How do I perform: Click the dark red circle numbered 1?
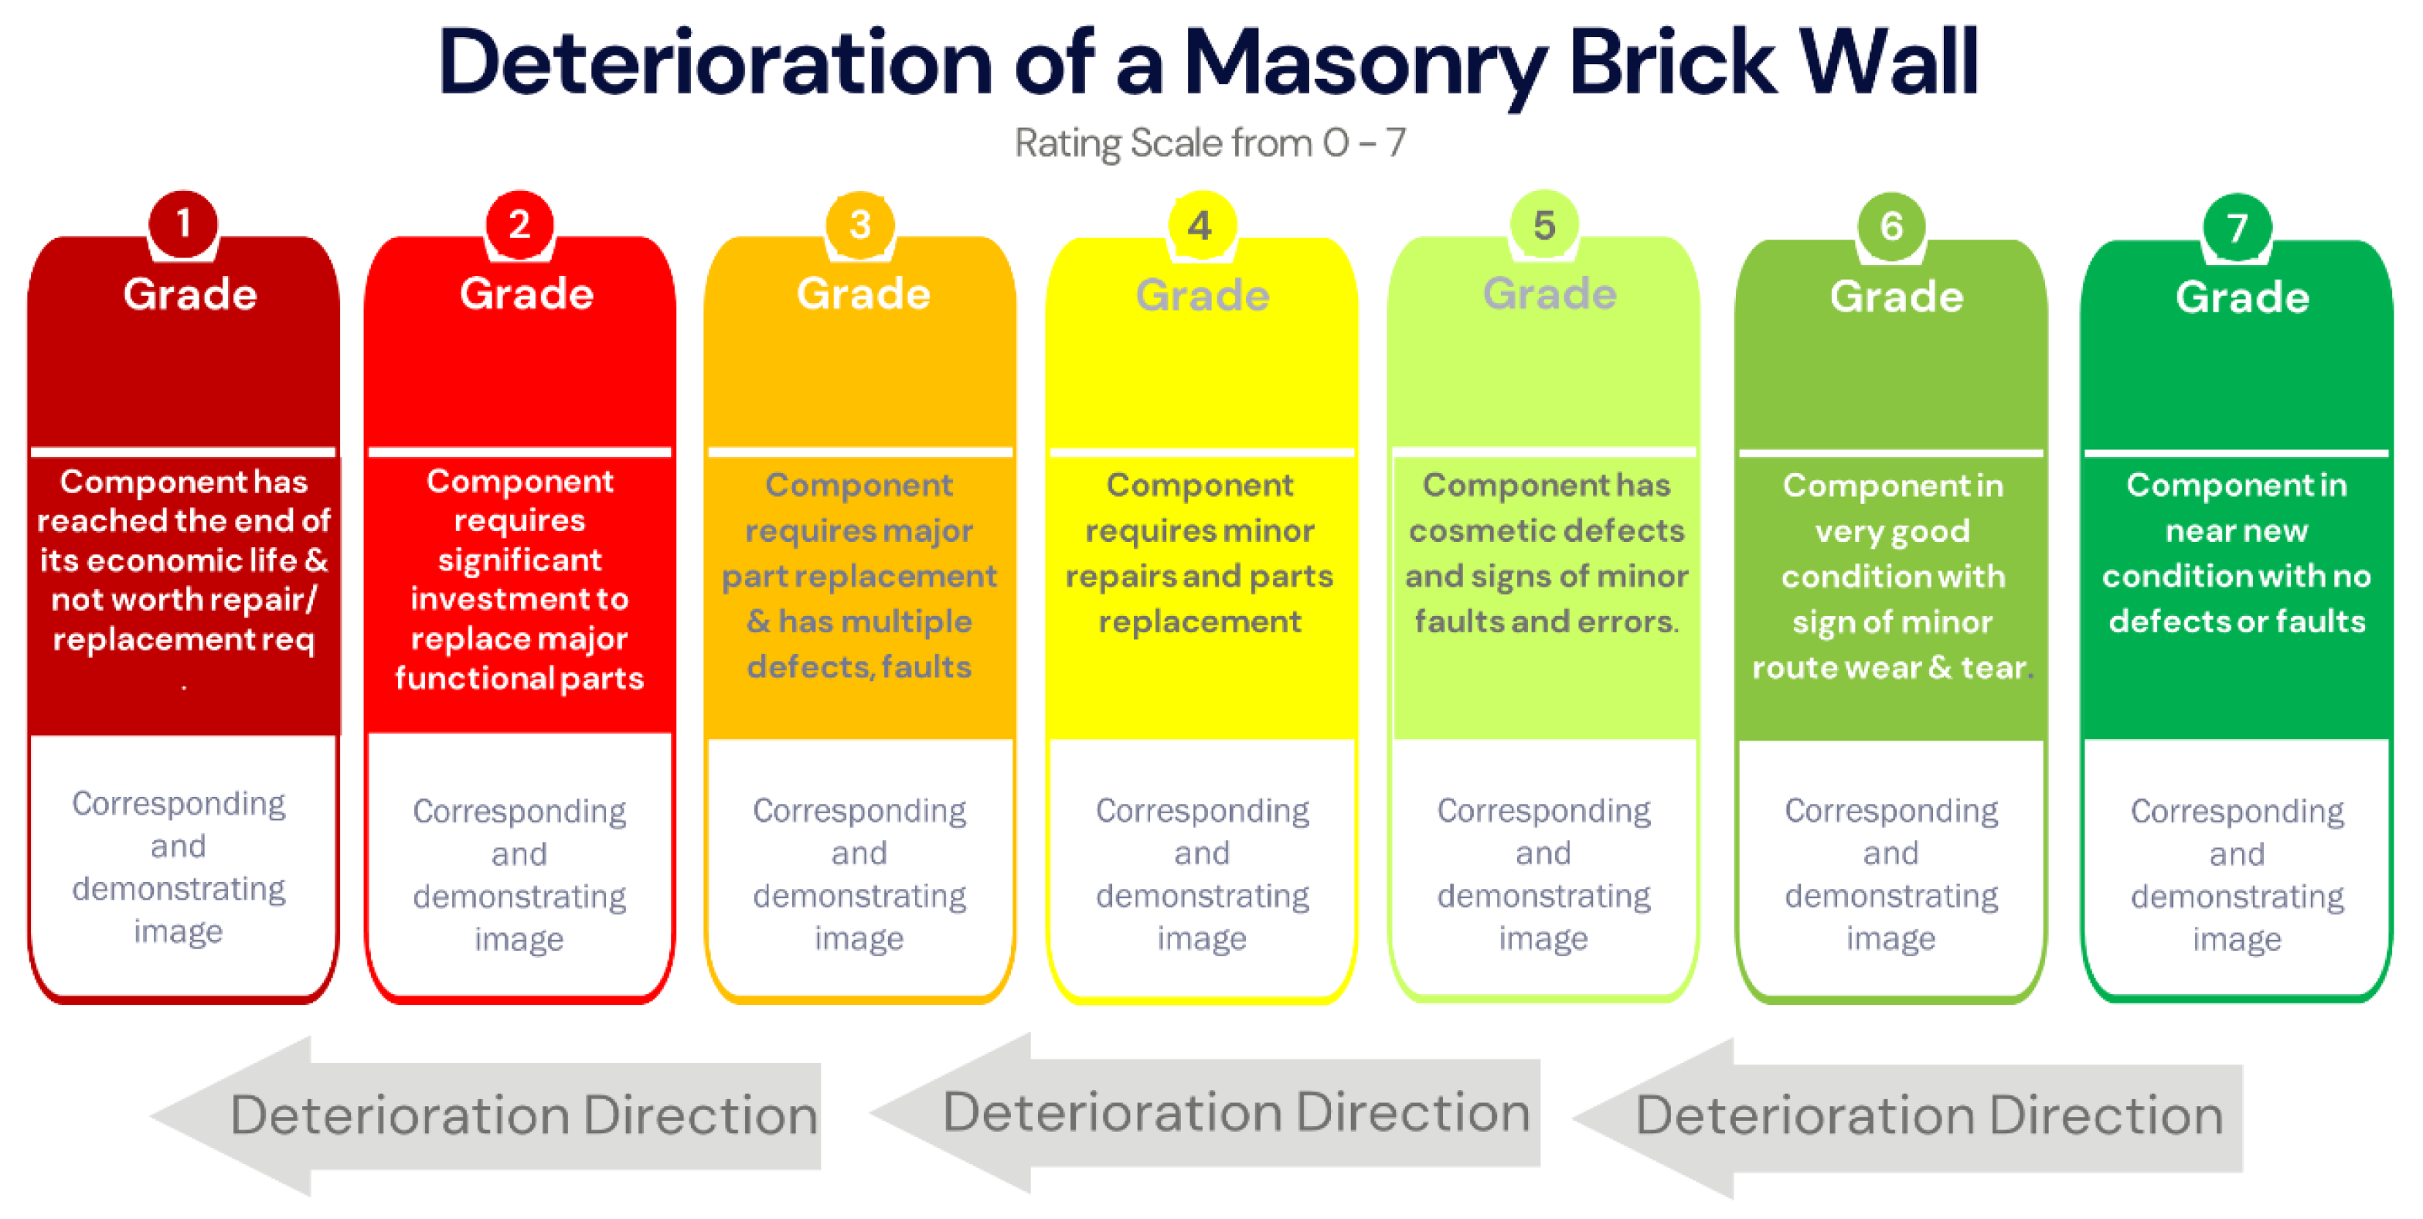coord(183,224)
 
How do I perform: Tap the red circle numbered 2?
coord(519,224)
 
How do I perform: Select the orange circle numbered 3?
coord(859,225)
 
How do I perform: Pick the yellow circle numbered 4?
coord(1200,226)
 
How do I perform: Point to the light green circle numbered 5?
coord(1543,226)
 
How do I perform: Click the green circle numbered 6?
coord(1891,226)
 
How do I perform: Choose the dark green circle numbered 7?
coord(2237,227)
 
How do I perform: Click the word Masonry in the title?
coord(1364,64)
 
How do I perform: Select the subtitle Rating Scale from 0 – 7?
coord(1210,143)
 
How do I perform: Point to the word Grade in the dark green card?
coord(2242,298)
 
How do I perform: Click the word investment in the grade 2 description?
coord(519,599)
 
